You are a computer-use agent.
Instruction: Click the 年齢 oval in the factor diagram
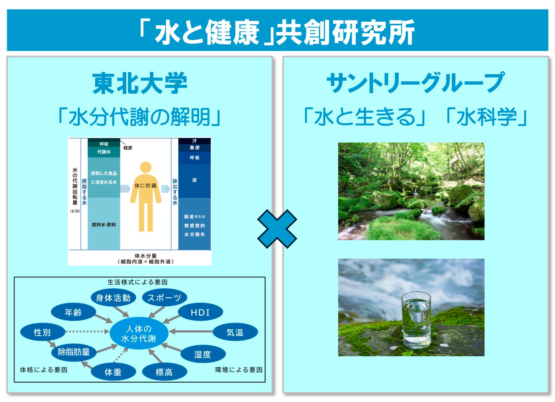pos(73,312)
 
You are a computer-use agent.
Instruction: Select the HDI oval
pos(200,312)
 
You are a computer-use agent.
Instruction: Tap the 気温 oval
pos(235,332)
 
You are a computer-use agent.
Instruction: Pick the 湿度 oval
pos(203,354)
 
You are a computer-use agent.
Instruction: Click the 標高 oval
pos(164,372)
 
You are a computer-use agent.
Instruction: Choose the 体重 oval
pos(113,372)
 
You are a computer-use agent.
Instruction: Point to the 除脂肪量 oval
pos(74,352)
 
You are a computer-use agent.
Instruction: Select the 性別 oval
pos(43,332)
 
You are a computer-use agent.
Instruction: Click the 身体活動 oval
pos(113,297)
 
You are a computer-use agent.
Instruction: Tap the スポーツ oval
pos(164,297)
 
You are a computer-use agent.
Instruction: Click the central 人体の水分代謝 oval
pos(139,333)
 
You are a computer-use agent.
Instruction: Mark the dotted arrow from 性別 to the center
pos(87,331)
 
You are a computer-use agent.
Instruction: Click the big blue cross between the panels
pos(277,229)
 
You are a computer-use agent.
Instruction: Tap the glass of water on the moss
pos(416,320)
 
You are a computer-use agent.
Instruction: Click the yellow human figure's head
pos(146,168)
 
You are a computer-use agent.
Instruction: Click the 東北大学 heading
pos(140,84)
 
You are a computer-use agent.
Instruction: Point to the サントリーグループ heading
pos(415,82)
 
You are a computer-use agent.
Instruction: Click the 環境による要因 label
pos(239,370)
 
